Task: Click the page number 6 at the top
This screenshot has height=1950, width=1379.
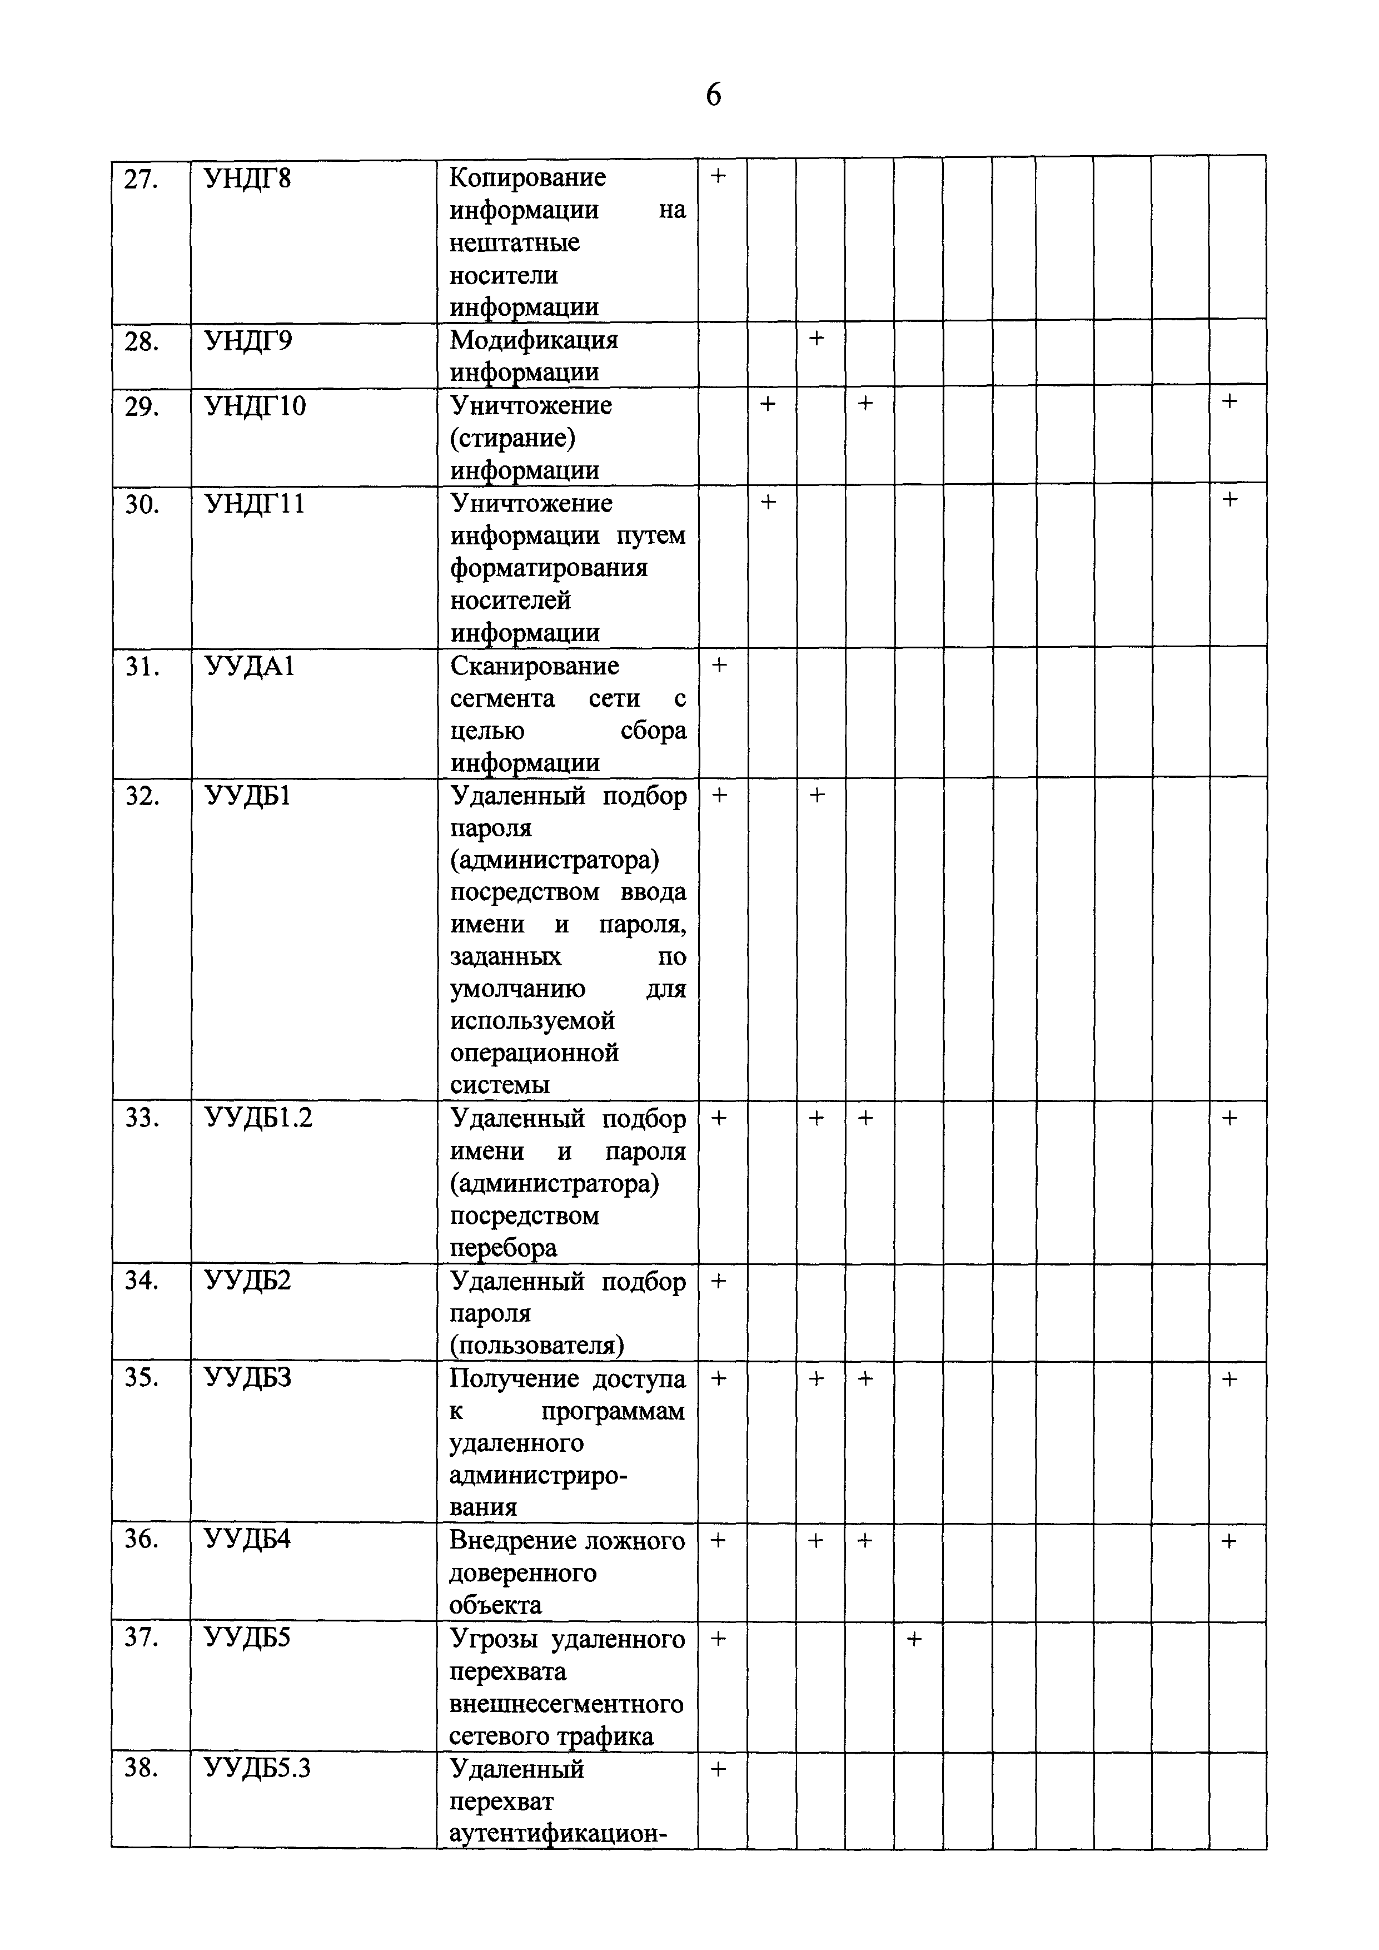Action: tap(713, 95)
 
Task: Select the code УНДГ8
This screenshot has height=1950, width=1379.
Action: tap(247, 179)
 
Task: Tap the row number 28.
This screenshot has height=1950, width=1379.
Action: tap(142, 341)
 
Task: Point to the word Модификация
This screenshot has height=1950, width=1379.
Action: tap(533, 340)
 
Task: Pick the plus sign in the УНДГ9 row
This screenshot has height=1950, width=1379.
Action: tap(816, 338)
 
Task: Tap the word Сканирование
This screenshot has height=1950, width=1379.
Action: tap(534, 667)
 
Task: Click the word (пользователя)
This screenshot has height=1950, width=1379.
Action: tap(537, 1345)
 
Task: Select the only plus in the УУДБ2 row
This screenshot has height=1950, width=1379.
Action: tap(718, 1281)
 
